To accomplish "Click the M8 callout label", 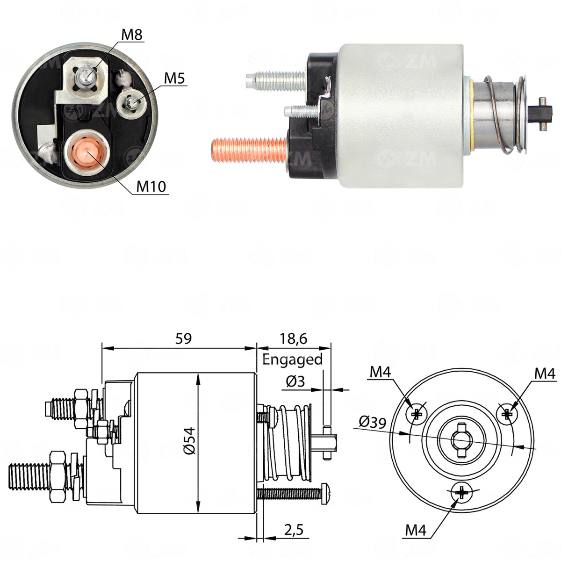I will pos(131,35).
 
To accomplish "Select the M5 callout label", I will pos(174,79).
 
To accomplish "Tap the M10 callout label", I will pos(151,187).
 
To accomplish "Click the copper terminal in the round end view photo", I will pos(86,154).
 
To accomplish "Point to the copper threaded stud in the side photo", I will pos(248,151).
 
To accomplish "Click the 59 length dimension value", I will pos(183,338).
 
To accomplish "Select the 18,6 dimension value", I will pos(293,338).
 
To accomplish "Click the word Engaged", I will pos(293,359).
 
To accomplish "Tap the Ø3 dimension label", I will pos(295,381).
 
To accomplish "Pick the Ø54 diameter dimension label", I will pos(189,440).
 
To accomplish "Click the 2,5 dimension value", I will pos(294,530).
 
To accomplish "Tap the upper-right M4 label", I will pos(545,373).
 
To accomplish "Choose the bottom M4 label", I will pos(416,530).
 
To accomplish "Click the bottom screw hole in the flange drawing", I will pos(462,493).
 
